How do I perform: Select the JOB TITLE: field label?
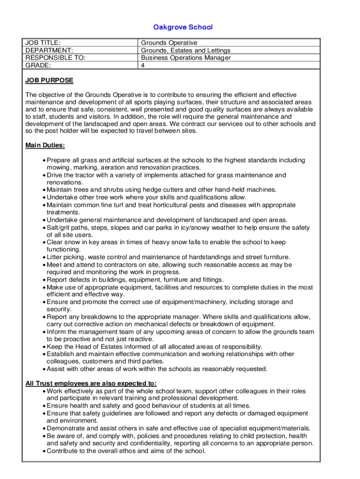(x=43, y=43)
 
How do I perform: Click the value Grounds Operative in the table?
(x=169, y=43)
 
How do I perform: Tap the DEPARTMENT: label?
(x=49, y=51)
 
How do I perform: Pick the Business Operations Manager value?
(x=186, y=58)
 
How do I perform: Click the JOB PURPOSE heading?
(x=49, y=80)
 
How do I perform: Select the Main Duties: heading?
(x=45, y=145)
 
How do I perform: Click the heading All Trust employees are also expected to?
(x=91, y=384)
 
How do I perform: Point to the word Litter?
(x=55, y=257)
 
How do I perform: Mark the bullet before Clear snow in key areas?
(x=44, y=242)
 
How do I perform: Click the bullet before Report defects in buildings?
(x=44, y=280)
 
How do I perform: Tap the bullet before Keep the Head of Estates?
(x=44, y=347)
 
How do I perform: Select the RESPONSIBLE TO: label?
(x=55, y=58)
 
